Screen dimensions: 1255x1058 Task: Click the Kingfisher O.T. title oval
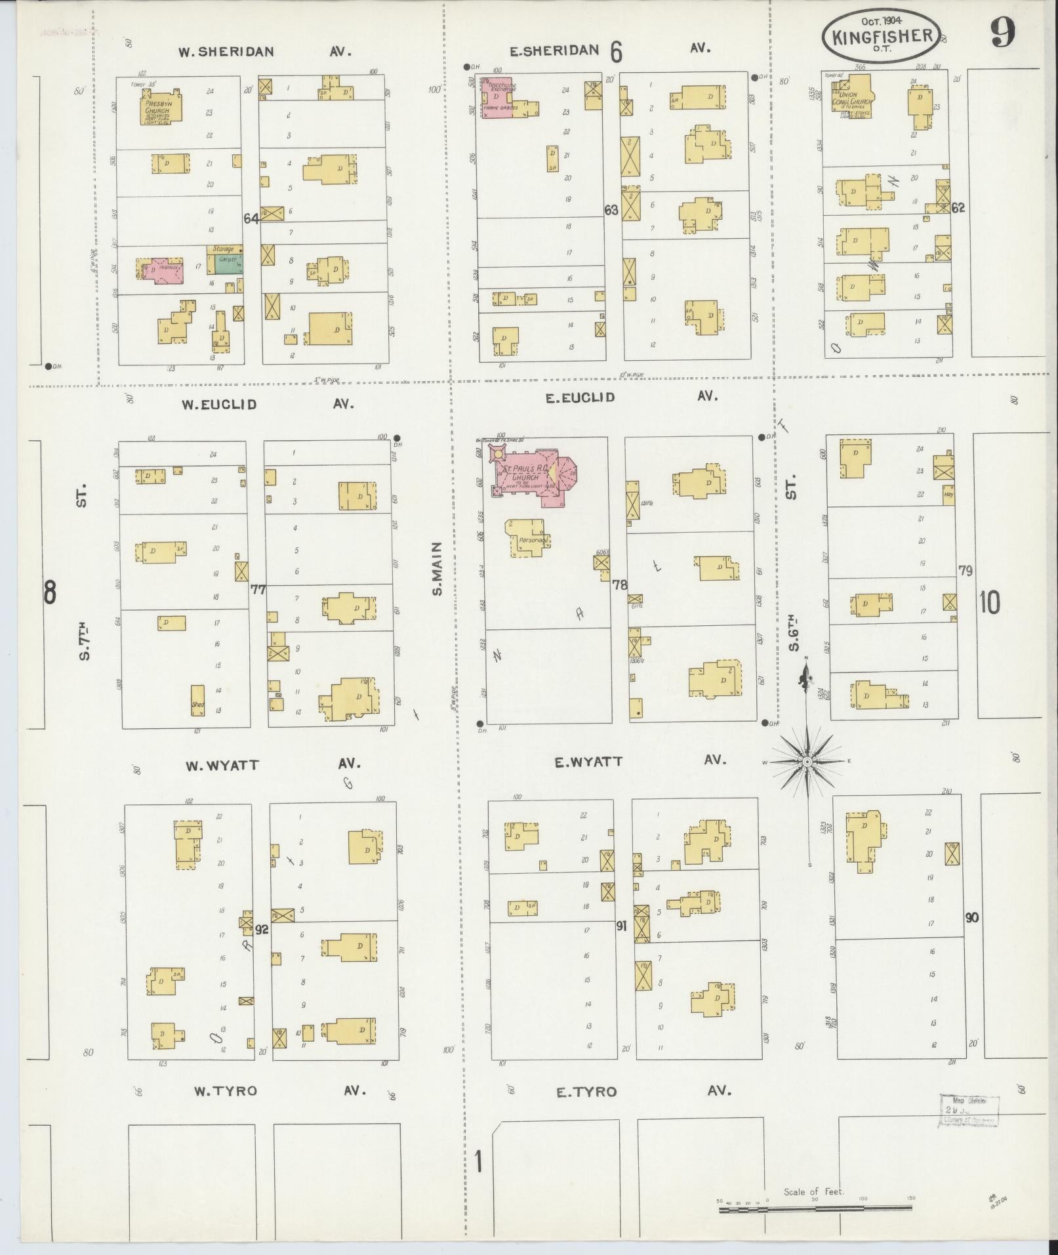[x=882, y=35]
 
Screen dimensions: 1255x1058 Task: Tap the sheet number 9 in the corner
[x=1003, y=32]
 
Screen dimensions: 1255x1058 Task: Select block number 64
[x=251, y=218]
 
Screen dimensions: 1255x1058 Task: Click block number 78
[x=619, y=584]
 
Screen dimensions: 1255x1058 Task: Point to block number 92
[x=262, y=929]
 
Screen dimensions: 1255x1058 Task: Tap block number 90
[x=971, y=917]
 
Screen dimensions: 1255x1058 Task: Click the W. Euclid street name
[x=219, y=405]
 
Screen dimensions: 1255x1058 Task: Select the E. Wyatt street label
[x=588, y=762]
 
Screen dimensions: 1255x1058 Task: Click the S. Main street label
[x=437, y=568]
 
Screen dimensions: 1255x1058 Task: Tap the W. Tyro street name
[x=225, y=1091]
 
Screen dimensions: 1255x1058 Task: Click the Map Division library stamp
[x=968, y=1111]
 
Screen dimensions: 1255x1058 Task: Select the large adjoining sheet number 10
[x=989, y=602]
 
